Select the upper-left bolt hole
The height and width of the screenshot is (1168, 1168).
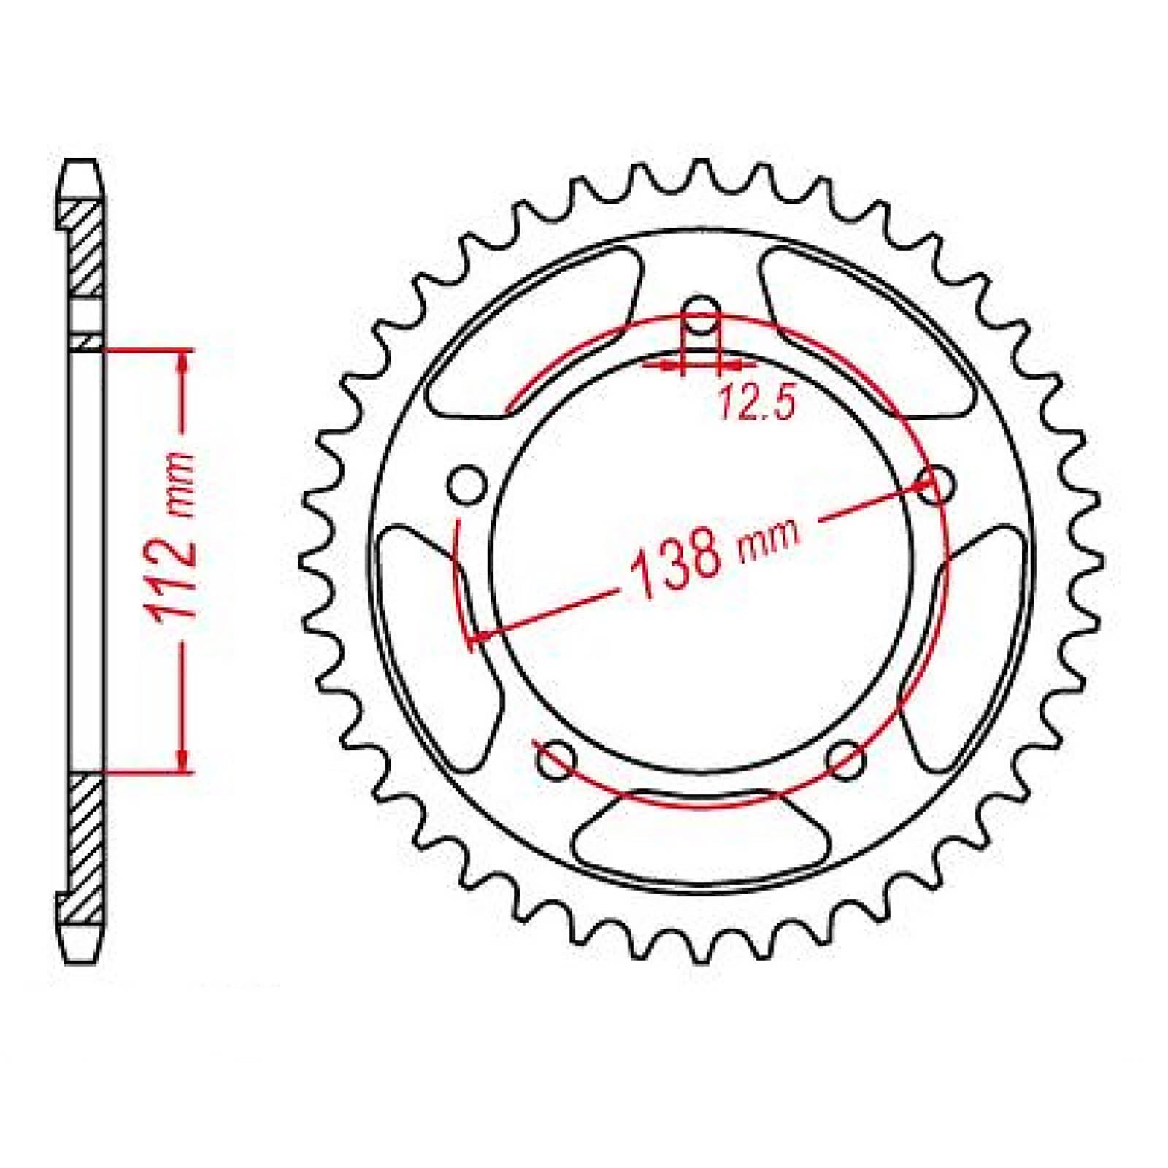[466, 485]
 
